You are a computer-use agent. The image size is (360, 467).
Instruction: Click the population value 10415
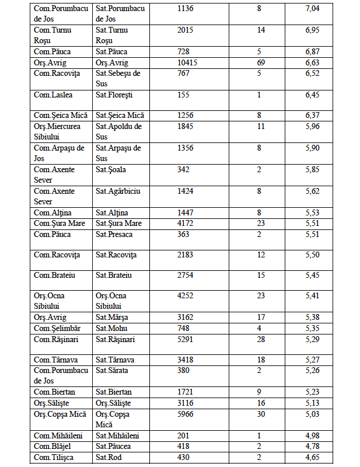point(188,62)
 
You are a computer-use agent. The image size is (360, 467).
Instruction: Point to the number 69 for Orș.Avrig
point(260,62)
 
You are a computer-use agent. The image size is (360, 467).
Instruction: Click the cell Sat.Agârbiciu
point(119,191)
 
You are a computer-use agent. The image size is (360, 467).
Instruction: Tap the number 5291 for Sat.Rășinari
point(186,339)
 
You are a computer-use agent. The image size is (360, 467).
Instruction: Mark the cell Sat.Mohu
point(111,328)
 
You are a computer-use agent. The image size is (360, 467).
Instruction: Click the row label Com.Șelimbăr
point(57,328)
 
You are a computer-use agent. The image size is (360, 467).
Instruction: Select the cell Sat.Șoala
point(111,169)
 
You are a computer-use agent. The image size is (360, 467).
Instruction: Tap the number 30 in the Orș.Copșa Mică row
point(260,414)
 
